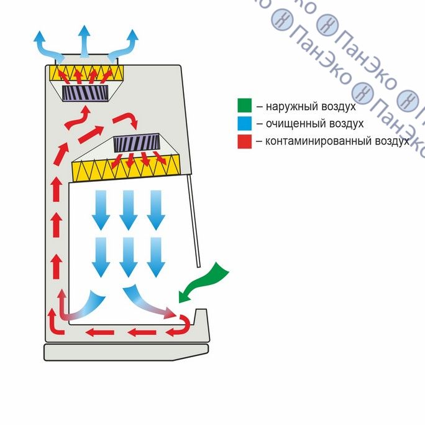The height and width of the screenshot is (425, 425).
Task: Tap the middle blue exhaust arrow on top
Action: pos(85,40)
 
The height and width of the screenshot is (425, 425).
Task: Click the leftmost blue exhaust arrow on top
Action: pos(45,45)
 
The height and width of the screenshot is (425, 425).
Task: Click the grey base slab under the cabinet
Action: pos(124,352)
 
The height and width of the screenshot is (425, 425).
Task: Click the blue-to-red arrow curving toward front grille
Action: pos(149,301)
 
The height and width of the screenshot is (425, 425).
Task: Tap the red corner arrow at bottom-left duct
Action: pos(56,324)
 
